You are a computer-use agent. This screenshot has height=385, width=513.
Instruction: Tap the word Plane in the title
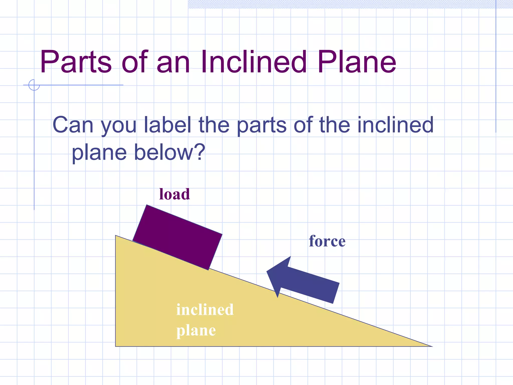(357, 62)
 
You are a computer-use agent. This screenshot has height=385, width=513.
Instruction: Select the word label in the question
(167, 125)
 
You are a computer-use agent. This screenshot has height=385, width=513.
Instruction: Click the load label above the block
(175, 194)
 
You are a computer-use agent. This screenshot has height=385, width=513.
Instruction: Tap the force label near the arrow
(327, 241)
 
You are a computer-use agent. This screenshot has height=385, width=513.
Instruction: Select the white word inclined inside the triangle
(205, 310)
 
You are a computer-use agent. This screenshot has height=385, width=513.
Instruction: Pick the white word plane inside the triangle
(196, 331)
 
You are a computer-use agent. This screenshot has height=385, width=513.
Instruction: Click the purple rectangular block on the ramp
(177, 237)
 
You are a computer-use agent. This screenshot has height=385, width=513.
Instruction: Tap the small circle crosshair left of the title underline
(34, 85)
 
